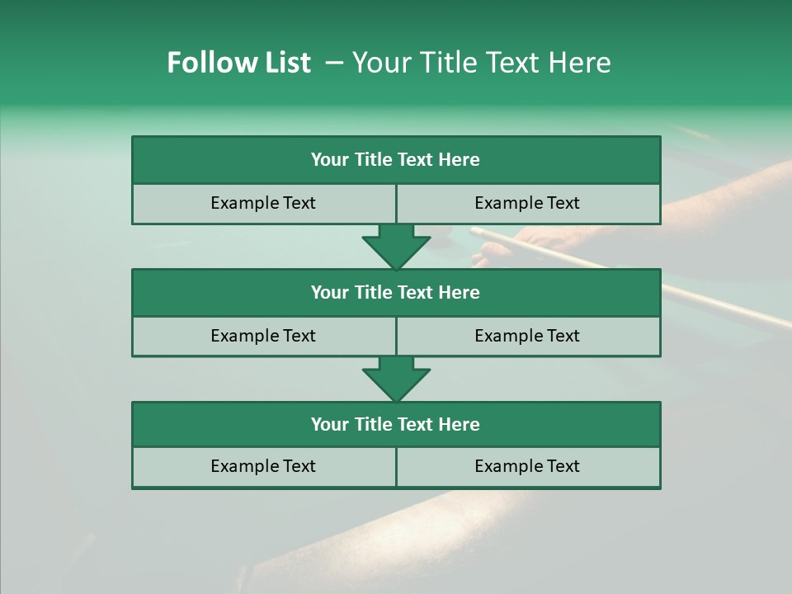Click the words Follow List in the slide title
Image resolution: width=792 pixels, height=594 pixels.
tap(238, 63)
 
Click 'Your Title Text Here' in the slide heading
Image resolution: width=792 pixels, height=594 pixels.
tap(481, 63)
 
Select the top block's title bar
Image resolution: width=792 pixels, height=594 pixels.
tap(396, 160)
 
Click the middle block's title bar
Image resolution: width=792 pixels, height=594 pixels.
tap(396, 293)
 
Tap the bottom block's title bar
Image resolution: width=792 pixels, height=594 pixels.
tap(396, 425)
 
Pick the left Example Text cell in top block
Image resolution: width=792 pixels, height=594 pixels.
tap(263, 203)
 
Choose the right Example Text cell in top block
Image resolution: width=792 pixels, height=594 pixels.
tap(527, 203)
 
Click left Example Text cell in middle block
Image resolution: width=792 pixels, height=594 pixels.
tap(263, 336)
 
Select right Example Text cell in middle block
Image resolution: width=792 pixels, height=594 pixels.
tap(527, 336)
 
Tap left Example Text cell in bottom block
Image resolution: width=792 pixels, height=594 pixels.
tap(263, 466)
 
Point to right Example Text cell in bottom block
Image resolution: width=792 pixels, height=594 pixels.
tap(527, 466)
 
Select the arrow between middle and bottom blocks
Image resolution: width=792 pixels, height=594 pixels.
tap(396, 379)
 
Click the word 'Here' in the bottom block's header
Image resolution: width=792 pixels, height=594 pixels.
tap(460, 425)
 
